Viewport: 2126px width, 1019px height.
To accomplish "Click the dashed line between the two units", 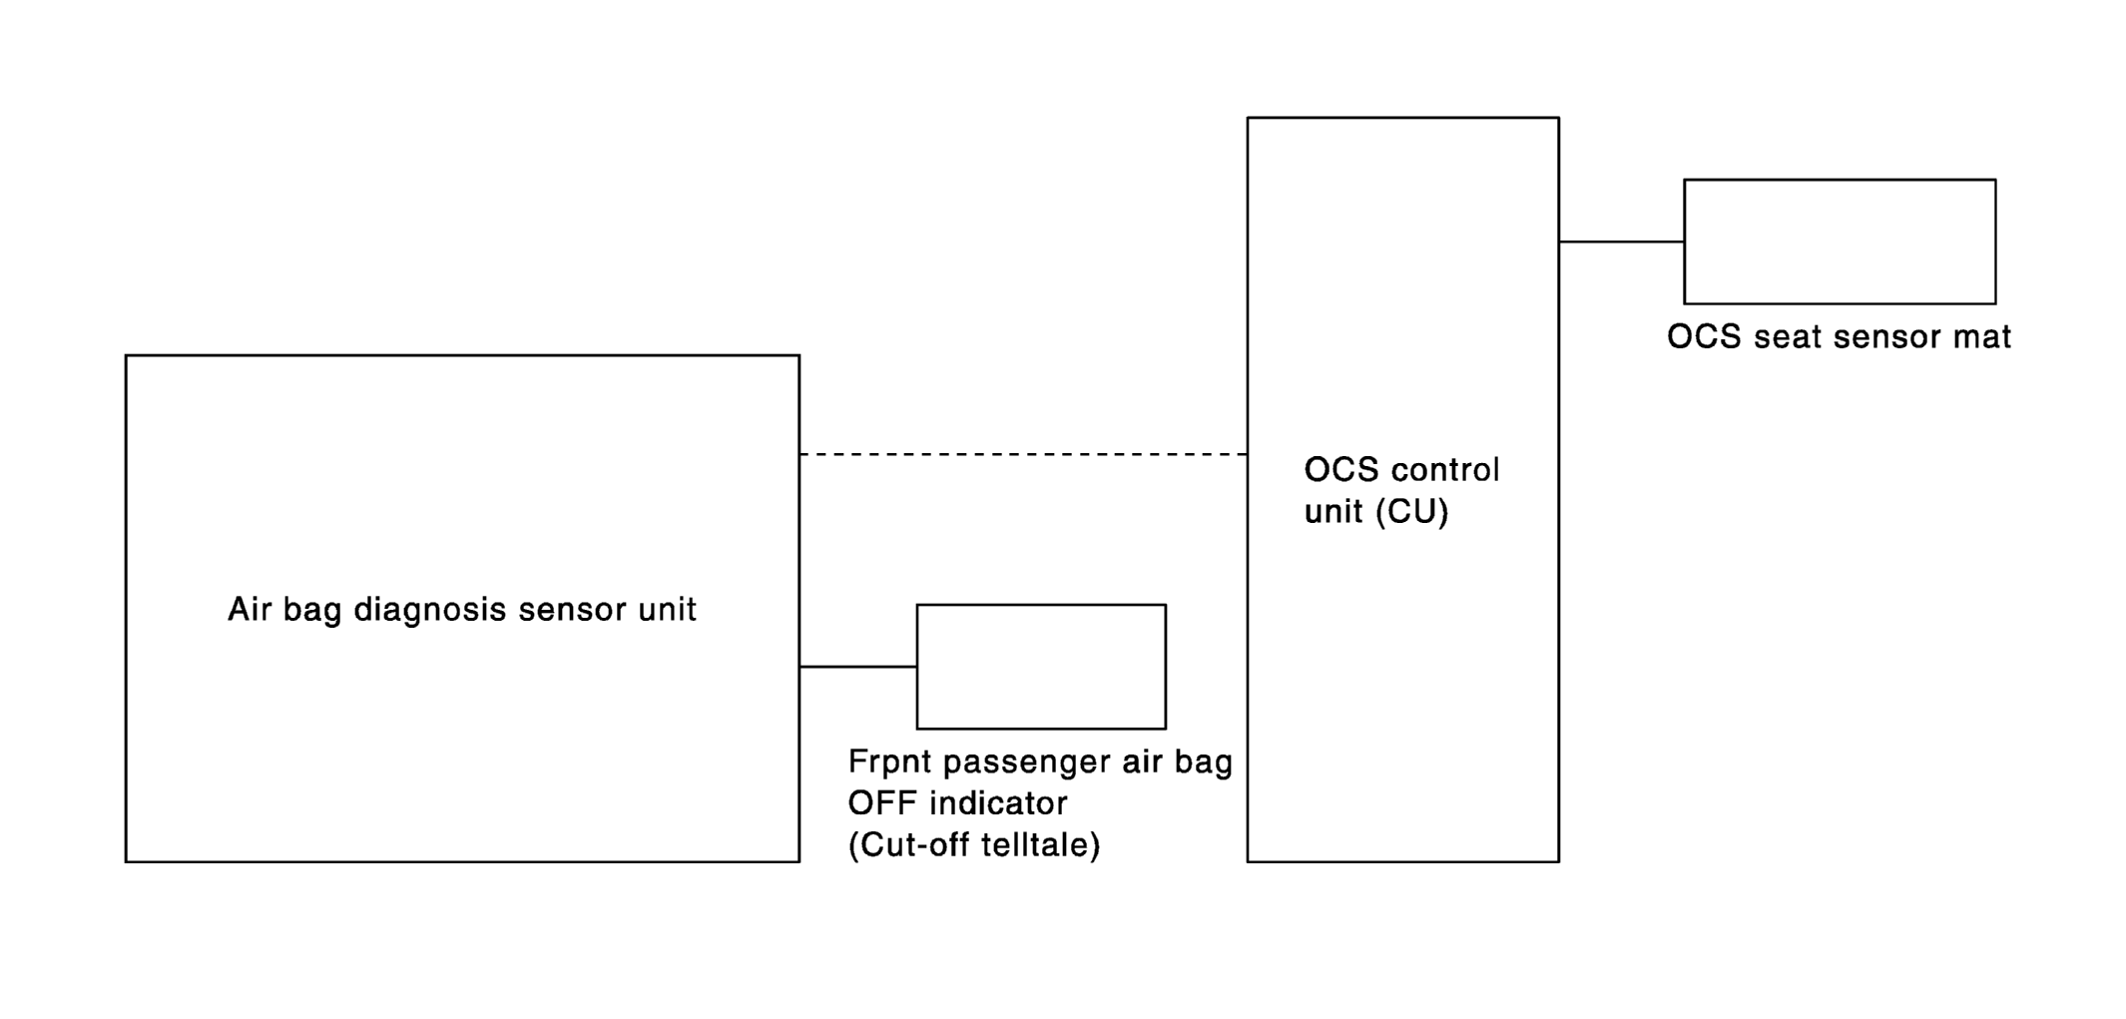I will (x=1023, y=454).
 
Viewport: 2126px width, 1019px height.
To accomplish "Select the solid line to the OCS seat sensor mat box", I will (x=1621, y=242).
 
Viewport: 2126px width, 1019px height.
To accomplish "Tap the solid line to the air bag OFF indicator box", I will (x=857, y=667).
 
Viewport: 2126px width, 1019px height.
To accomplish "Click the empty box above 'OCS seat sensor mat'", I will (x=1840, y=242).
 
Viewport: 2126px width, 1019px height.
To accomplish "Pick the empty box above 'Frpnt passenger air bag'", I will (x=1041, y=667).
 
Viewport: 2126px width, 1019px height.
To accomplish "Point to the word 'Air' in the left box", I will (x=250, y=609).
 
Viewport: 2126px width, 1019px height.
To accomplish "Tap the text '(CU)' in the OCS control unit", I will (x=1411, y=512).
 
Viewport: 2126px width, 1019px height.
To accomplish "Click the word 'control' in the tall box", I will (x=1444, y=470).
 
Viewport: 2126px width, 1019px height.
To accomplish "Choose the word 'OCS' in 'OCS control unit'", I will (x=1341, y=470).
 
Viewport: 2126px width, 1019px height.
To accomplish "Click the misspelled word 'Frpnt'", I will (x=890, y=763).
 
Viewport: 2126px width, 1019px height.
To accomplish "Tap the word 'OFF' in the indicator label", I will (x=883, y=803).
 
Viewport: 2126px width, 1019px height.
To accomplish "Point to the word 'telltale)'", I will (x=1040, y=845).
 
